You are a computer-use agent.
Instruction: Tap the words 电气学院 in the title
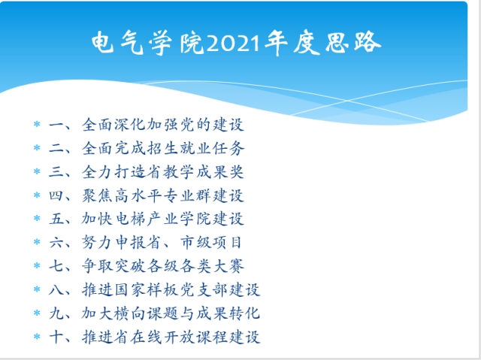coord(147,43)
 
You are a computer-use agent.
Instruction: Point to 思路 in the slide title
coord(352,42)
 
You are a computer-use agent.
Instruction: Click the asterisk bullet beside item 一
coord(37,124)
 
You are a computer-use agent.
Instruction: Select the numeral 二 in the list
coord(56,148)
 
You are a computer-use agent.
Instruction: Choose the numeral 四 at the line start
coord(56,195)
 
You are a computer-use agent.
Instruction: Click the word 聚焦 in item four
coord(98,195)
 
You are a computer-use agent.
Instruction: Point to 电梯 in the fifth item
coord(131,219)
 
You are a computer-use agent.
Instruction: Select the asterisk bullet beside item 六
coord(37,242)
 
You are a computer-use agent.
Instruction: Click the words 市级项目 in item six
coord(211,242)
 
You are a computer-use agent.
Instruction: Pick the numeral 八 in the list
coord(56,290)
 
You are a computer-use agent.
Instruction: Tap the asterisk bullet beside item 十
coord(37,337)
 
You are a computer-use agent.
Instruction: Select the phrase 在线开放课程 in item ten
coord(179,337)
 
